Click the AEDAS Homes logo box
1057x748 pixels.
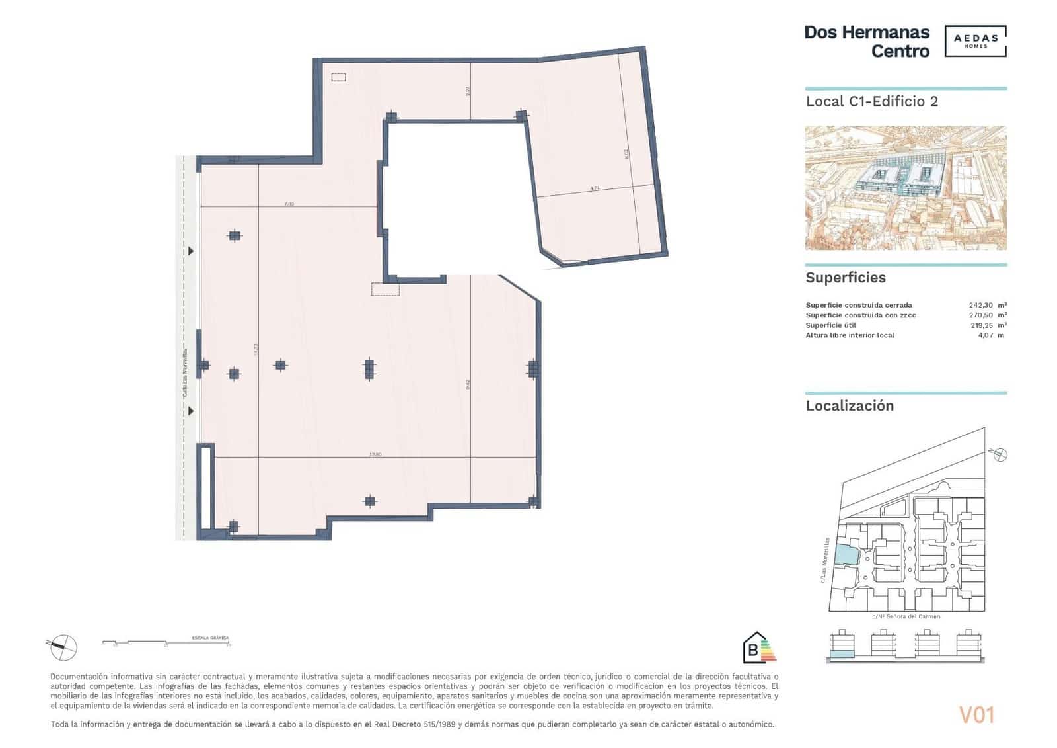[975, 41]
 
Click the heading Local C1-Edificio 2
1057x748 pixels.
[871, 102]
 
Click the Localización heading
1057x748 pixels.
[849, 406]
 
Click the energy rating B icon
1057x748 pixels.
[758, 647]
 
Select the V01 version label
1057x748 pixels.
[976, 715]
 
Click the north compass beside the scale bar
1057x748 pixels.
[63, 646]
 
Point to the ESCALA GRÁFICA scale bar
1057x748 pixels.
[165, 642]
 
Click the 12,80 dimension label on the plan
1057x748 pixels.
[375, 454]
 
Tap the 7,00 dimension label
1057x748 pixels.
[289, 204]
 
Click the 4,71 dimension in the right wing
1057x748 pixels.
[595, 188]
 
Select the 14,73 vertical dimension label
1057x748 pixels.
[256, 350]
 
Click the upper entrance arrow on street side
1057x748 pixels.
[192, 251]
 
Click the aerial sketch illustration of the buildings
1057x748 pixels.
[905, 188]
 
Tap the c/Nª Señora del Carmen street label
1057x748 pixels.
[906, 616]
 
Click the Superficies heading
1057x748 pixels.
[845, 278]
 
